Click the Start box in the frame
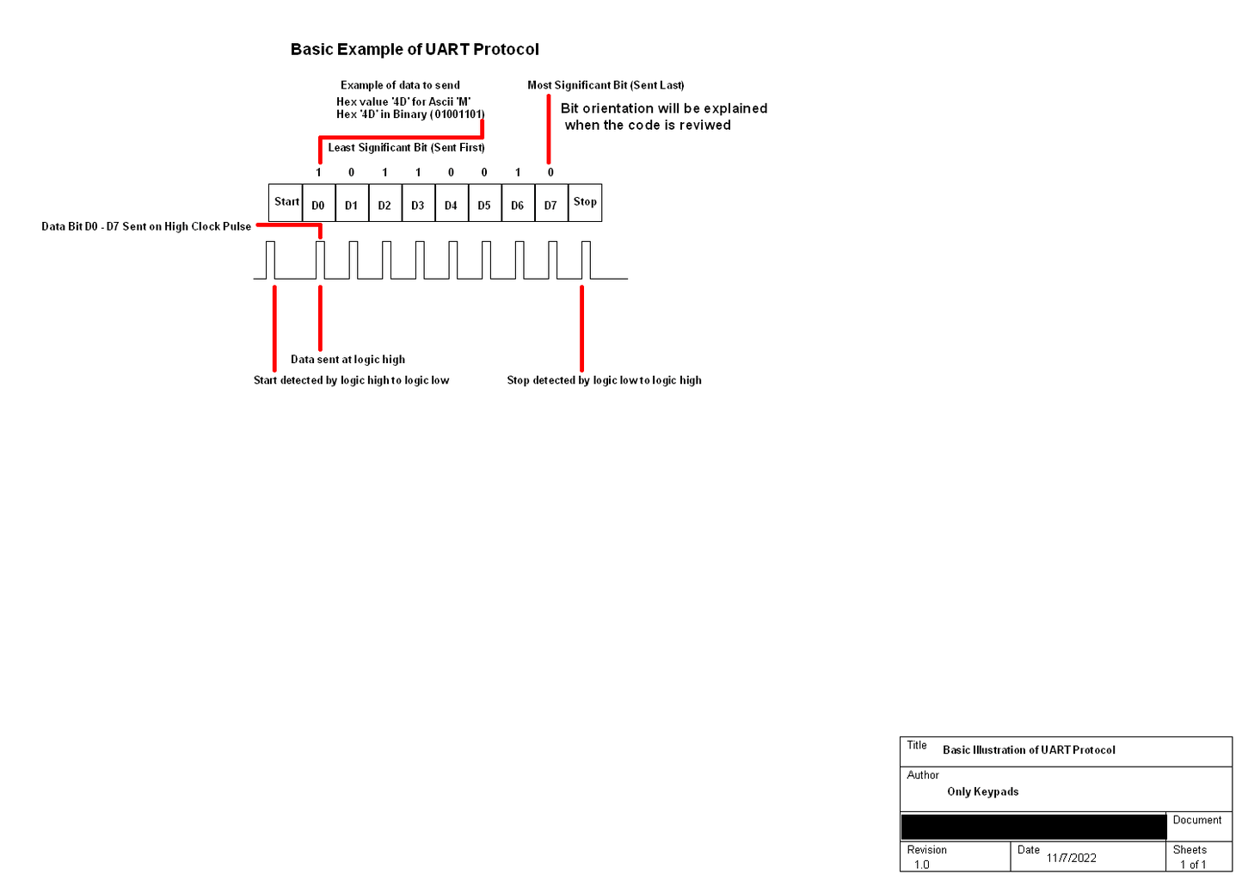(286, 202)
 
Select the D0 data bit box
(318, 204)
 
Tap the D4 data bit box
(451, 204)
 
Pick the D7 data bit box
(550, 204)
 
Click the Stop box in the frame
(585, 202)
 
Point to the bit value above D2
(384, 172)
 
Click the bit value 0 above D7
(550, 172)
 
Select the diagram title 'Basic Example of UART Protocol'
(415, 50)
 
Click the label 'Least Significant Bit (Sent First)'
(406, 148)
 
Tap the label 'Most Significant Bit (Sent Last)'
(606, 85)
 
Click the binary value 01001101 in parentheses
(458, 114)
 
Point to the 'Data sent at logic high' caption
(347, 360)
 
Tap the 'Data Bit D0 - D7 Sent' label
(146, 227)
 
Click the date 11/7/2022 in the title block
(1071, 858)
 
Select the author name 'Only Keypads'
(982, 792)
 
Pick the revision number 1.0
(922, 865)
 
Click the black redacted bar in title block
(1032, 827)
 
